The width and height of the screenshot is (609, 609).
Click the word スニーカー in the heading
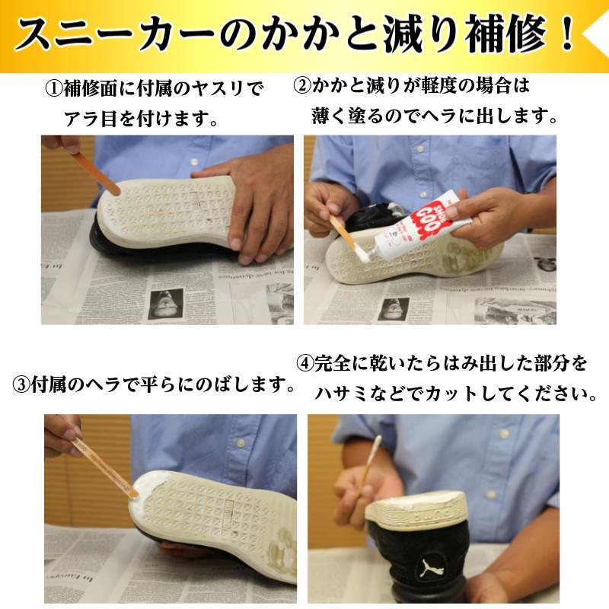(114, 36)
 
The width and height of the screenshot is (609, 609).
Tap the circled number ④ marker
(304, 363)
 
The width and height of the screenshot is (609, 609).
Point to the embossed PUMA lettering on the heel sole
(417, 520)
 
